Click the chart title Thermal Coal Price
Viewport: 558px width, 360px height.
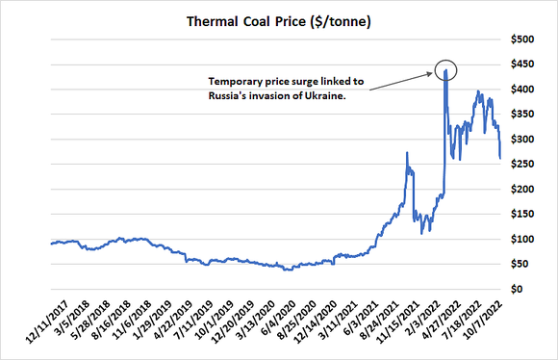pyautogui.click(x=278, y=18)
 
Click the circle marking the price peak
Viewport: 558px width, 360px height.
pyautogui.click(x=446, y=70)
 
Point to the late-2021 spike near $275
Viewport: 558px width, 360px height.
pyautogui.click(x=407, y=153)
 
